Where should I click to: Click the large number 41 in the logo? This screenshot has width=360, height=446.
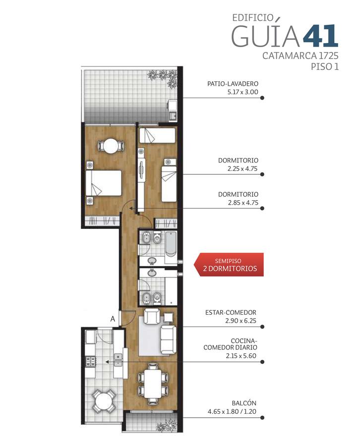[320, 36]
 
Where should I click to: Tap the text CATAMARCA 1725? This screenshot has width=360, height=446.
[300, 56]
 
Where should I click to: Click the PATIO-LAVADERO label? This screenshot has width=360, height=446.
[233, 84]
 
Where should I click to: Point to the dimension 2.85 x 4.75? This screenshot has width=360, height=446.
[243, 203]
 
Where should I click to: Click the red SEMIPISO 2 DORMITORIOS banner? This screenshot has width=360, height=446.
[229, 265]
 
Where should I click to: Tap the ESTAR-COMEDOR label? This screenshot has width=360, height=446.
[231, 312]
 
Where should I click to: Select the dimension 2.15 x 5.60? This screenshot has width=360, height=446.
[241, 356]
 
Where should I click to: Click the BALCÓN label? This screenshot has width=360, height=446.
[244, 403]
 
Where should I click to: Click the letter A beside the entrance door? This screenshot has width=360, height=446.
[113, 319]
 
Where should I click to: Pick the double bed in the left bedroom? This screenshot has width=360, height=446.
[104, 183]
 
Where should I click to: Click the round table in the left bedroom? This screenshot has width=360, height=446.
[111, 146]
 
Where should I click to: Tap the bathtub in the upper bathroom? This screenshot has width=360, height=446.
[171, 243]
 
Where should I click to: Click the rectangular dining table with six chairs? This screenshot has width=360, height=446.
[153, 384]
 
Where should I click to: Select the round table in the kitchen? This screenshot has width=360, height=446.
[104, 401]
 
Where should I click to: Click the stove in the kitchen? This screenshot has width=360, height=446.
[91, 361]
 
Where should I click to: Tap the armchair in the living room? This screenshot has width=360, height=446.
[152, 317]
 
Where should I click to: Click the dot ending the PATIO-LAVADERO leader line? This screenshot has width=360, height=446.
[262, 98]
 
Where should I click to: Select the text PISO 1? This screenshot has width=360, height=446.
[324, 67]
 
